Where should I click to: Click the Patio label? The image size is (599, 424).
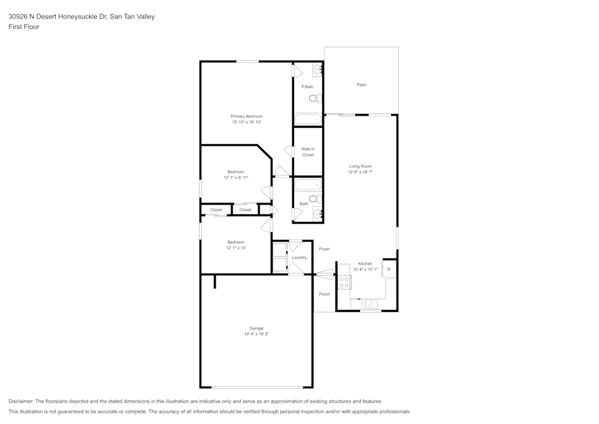(x=361, y=85)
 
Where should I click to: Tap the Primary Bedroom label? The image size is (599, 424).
(x=247, y=116)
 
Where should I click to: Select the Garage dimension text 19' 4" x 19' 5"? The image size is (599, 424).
(x=256, y=334)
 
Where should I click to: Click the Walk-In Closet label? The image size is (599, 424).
(x=308, y=152)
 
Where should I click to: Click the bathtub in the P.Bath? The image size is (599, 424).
(x=308, y=119)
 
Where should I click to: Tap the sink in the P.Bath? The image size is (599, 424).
(x=317, y=70)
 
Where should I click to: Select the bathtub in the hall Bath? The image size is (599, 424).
(x=308, y=185)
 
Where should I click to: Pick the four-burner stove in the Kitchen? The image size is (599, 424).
(x=344, y=282)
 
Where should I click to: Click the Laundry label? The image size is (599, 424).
(x=299, y=257)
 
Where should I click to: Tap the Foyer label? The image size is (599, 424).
(x=325, y=249)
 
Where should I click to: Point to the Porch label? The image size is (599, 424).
(x=325, y=294)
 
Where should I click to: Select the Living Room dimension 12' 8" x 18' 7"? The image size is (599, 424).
(x=361, y=172)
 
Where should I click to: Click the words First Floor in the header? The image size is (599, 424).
(x=24, y=27)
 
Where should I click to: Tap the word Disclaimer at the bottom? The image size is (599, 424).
(x=21, y=401)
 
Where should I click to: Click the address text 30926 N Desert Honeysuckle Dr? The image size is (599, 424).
(x=58, y=17)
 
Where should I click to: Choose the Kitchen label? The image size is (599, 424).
(x=365, y=264)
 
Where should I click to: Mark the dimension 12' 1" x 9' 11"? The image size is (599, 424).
(x=236, y=178)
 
